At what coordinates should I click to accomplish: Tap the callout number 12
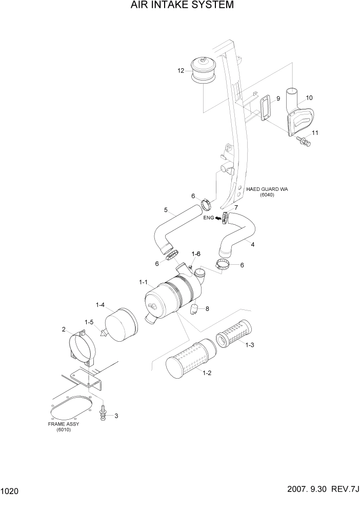[x=181, y=71]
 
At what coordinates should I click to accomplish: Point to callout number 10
[x=309, y=97]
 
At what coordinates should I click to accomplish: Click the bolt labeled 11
[x=302, y=140]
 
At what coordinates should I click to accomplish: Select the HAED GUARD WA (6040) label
[x=267, y=192]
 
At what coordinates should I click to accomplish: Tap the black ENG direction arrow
[x=218, y=218]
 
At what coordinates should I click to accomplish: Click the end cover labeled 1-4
[x=122, y=322]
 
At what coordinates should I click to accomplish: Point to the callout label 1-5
[x=89, y=322]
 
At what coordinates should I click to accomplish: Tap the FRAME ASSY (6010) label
[x=64, y=426]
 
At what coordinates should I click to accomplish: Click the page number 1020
[x=10, y=492]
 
